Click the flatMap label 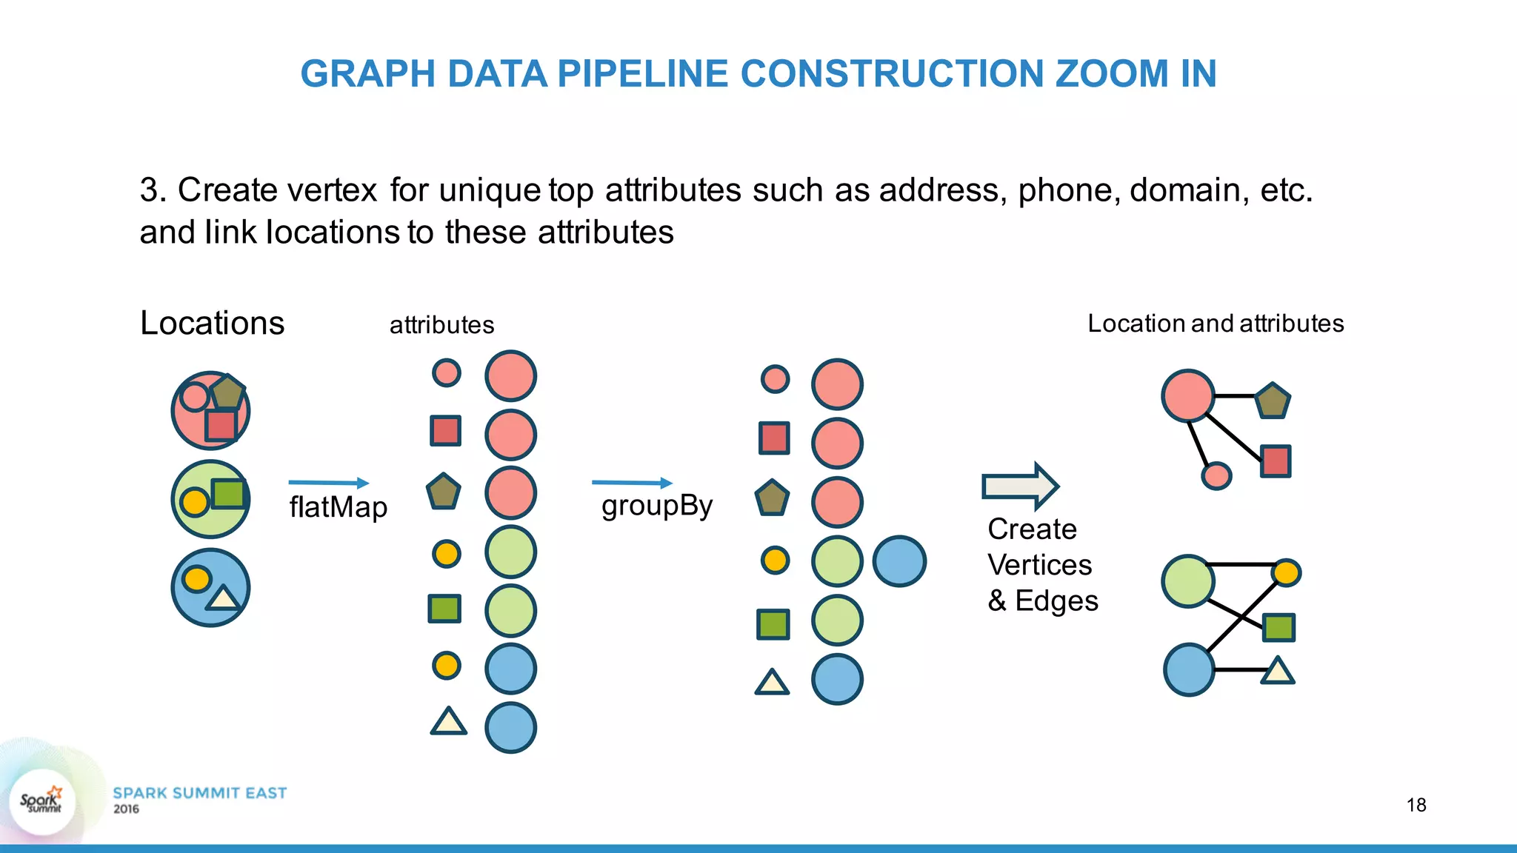pyautogui.click(x=338, y=508)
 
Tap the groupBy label pyautogui.click(x=656, y=506)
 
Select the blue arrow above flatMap pyautogui.click(x=328, y=483)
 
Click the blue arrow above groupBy pyautogui.click(x=632, y=483)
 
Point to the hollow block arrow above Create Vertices pyautogui.click(x=1020, y=486)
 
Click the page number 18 pyautogui.click(x=1416, y=805)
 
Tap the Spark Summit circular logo pyautogui.click(x=42, y=802)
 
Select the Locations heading pyautogui.click(x=212, y=323)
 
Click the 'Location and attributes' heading pyautogui.click(x=1215, y=324)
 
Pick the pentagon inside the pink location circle pyautogui.click(x=227, y=391)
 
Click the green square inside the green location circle pyautogui.click(x=228, y=493)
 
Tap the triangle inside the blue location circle pyautogui.click(x=224, y=597)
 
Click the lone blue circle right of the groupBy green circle pyautogui.click(x=899, y=561)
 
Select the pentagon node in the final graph pyautogui.click(x=1273, y=401)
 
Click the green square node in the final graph pyautogui.click(x=1278, y=627)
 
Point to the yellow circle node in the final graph pyautogui.click(x=1286, y=572)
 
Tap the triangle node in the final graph pyautogui.click(x=1278, y=671)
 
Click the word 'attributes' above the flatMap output pyautogui.click(x=441, y=325)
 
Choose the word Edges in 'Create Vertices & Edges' pyautogui.click(x=1056, y=601)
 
